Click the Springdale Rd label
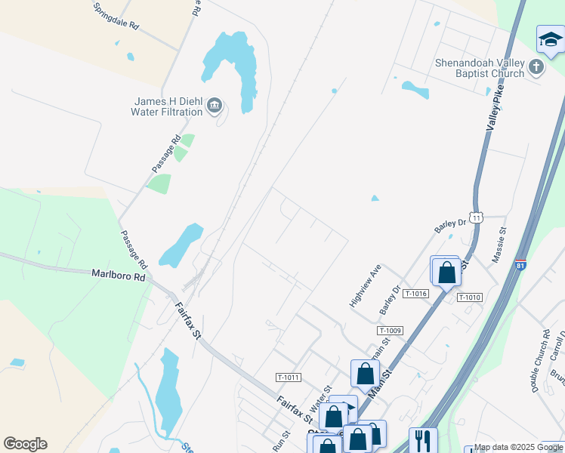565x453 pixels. click(116, 15)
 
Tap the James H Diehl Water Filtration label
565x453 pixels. click(167, 106)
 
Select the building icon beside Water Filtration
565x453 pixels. click(215, 105)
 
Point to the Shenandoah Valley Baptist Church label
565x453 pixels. click(480, 68)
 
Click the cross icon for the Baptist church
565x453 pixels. click(536, 67)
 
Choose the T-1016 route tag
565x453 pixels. click(416, 294)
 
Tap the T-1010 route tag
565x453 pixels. click(469, 297)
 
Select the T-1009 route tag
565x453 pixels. click(391, 331)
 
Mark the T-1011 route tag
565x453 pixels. click(289, 377)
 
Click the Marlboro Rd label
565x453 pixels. click(118, 276)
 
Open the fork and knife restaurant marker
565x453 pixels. click(423, 439)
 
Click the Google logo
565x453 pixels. click(25, 444)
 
